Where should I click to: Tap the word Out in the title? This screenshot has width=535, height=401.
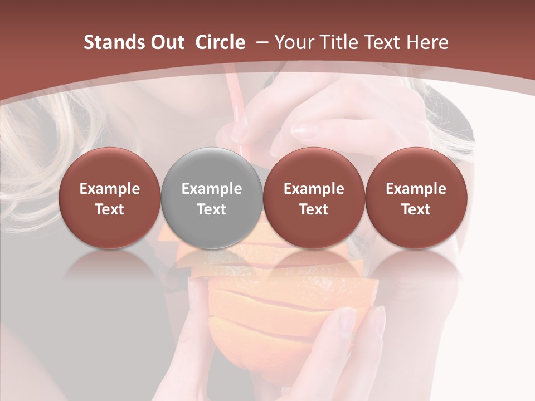click(x=166, y=42)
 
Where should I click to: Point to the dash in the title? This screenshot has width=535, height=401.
click(x=261, y=42)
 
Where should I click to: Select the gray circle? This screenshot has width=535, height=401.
click(x=212, y=198)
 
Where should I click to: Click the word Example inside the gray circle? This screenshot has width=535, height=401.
click(x=212, y=189)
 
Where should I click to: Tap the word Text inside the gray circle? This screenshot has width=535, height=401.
click(x=212, y=209)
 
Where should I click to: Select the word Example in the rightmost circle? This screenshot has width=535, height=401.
click(x=416, y=189)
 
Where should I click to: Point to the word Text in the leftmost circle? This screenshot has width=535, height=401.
click(x=110, y=209)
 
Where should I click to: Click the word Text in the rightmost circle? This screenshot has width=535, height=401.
click(x=416, y=209)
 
